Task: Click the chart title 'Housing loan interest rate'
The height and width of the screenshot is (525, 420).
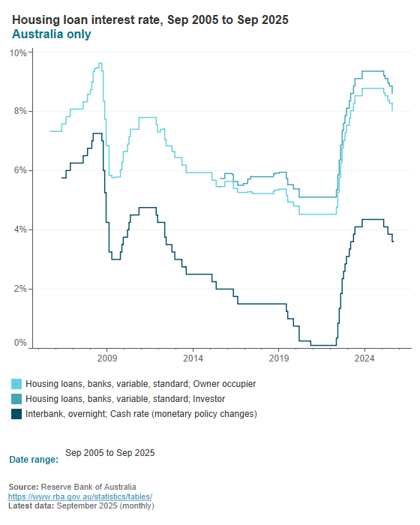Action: pos(150,19)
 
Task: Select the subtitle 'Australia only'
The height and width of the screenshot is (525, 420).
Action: pos(52,34)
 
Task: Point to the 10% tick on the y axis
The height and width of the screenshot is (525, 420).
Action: pos(18,53)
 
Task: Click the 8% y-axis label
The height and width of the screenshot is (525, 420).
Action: pos(20,111)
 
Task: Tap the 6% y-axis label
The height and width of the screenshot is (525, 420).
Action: pos(20,170)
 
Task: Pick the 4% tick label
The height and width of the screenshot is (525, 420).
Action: pos(20,229)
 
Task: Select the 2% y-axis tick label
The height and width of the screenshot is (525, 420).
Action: pos(20,289)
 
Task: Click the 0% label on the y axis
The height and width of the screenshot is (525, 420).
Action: pos(20,343)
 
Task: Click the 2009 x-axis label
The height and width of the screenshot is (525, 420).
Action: pos(106,359)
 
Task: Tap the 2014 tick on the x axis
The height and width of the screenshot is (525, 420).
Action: pos(193,359)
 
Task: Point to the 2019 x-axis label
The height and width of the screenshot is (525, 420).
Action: pos(279,359)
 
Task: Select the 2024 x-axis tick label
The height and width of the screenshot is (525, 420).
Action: pos(364,359)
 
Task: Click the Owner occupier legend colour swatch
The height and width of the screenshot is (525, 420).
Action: pos(16,384)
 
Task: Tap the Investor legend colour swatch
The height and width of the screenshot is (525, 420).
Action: pos(16,399)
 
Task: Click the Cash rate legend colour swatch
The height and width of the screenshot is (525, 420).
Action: pos(16,414)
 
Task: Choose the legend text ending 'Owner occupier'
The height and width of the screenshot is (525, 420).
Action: pos(140,384)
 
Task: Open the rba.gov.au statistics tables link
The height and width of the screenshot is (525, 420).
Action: pos(80,496)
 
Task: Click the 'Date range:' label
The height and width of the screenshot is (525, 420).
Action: pos(33,459)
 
